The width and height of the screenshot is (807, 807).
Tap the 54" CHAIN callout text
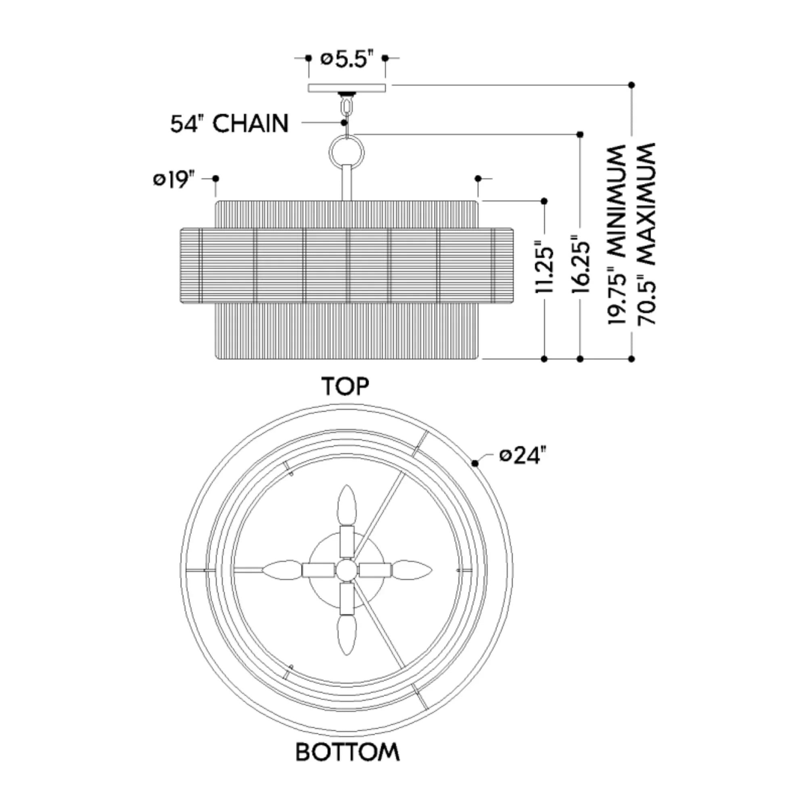pyautogui.click(x=229, y=123)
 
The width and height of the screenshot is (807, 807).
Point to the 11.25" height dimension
pyautogui.click(x=544, y=266)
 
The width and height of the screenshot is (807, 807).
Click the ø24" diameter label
pyautogui.click(x=523, y=455)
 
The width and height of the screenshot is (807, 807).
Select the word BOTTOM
pyautogui.click(x=347, y=752)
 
